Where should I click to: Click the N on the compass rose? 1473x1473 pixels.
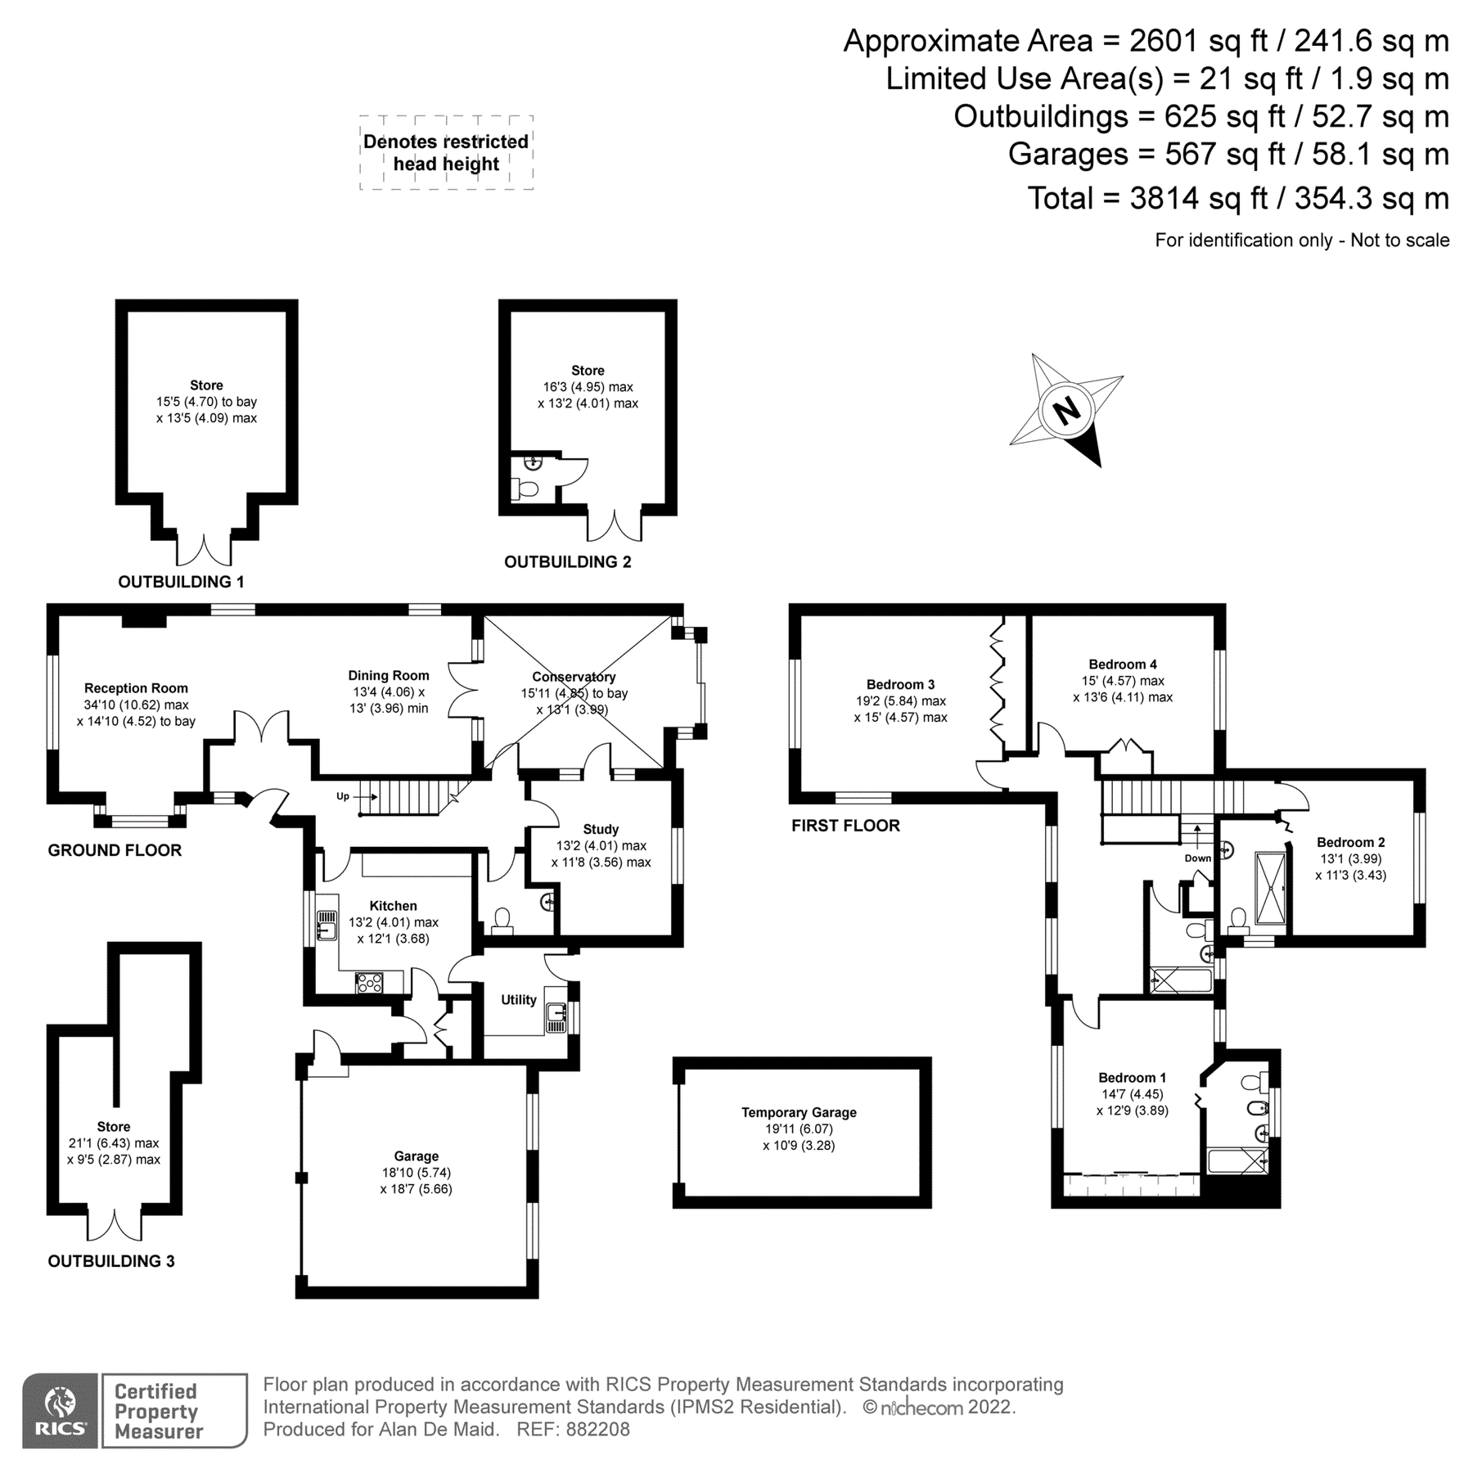[1066, 411]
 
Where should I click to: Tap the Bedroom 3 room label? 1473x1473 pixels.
[900, 684]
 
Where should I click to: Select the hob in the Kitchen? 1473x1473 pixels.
[369, 982]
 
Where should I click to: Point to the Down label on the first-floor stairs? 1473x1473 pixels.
[1197, 858]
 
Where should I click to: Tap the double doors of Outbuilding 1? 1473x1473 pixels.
[204, 550]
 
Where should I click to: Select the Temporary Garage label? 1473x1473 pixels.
[799, 1112]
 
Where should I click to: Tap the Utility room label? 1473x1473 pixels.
[518, 999]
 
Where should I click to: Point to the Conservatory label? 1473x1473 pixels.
[573, 677]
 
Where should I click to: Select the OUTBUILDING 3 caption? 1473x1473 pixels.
[111, 1261]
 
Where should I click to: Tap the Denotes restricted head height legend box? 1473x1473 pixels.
[446, 153]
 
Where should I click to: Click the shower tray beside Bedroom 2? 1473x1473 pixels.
[1270, 888]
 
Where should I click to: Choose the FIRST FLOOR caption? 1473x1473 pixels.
[845, 826]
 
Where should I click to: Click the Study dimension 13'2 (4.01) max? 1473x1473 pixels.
[601, 845]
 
